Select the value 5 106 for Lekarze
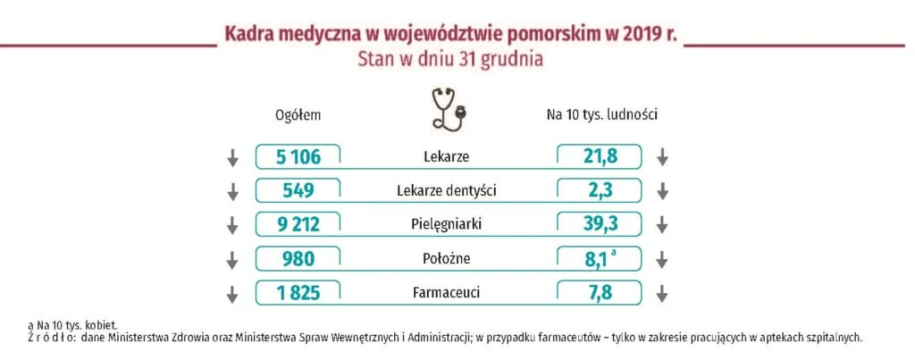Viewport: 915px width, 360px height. [x=298, y=157]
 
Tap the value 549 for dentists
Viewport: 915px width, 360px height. [x=298, y=191]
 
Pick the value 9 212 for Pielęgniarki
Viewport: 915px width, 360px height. [x=298, y=224]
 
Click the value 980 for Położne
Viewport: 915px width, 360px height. [x=298, y=258]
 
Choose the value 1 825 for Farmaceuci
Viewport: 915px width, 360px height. [x=298, y=292]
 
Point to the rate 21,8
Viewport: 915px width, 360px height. [x=600, y=157]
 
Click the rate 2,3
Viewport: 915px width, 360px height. [x=600, y=191]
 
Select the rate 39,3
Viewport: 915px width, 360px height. [x=600, y=224]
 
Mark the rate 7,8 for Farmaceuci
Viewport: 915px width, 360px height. [x=600, y=292]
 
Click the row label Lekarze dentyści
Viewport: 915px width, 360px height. [x=447, y=191]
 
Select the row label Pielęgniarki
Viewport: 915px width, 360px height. [x=447, y=225]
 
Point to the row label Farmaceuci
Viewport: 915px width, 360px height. [x=447, y=292]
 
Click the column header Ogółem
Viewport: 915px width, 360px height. [x=298, y=115]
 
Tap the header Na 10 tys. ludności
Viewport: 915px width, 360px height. [x=602, y=115]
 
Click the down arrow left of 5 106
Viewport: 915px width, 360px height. [x=233, y=157]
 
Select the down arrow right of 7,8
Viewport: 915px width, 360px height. [x=662, y=293]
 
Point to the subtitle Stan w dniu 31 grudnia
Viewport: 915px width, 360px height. [x=450, y=60]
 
